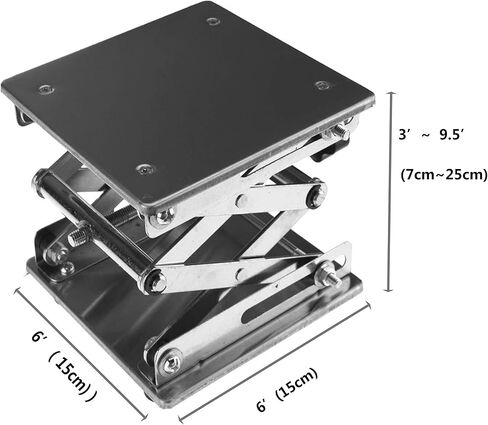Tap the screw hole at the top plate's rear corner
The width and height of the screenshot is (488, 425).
[213, 21]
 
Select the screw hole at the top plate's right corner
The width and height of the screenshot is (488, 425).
[321, 86]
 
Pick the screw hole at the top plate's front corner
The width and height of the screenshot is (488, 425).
[145, 168]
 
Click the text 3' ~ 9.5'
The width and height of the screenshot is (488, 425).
[431, 131]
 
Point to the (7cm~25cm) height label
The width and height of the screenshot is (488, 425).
[436, 175]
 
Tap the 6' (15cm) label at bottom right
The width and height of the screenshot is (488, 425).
[287, 376]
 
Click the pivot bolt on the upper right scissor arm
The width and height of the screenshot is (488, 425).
[316, 196]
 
